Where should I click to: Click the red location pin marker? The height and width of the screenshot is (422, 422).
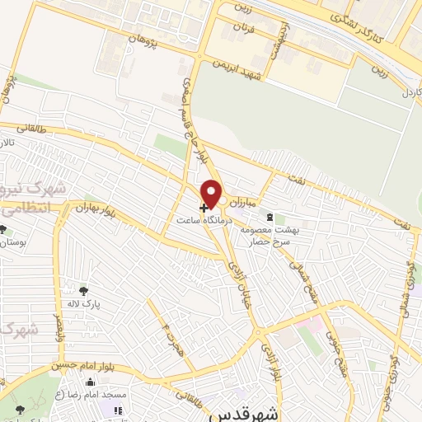tap(213, 193)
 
